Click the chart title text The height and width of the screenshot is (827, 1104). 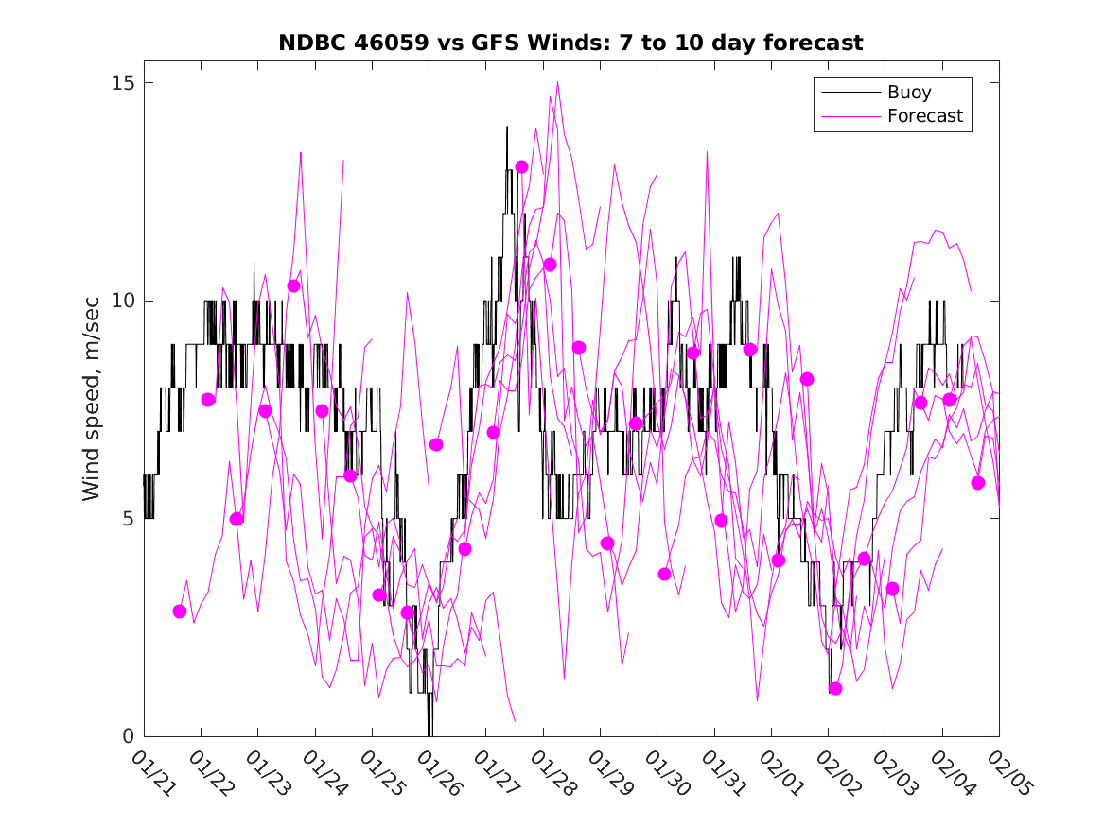pos(570,43)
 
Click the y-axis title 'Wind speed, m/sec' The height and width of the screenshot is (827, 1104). pos(92,409)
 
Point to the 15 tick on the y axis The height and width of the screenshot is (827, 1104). pos(123,83)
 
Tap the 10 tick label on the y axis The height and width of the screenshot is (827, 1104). pos(123,301)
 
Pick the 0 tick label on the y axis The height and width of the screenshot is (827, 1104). pos(129,736)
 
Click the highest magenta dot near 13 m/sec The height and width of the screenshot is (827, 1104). pos(521,167)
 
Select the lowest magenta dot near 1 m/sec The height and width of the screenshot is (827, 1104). pos(834,688)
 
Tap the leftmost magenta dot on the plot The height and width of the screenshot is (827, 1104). pos(180,612)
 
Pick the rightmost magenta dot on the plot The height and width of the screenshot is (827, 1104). pos(978,483)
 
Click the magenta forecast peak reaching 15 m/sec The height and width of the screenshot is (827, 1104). pos(558,82)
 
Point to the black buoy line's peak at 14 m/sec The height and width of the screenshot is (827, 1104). pos(507,127)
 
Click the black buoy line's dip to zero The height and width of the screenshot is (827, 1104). pos(429,733)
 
